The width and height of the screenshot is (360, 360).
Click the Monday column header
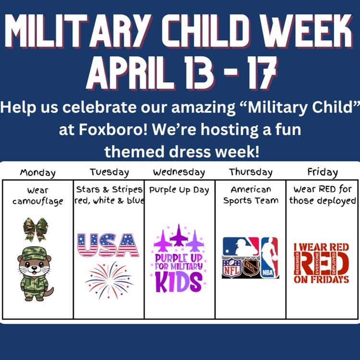(37, 173)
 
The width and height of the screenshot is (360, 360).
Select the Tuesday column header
(109, 172)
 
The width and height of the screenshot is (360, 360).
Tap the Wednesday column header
(179, 172)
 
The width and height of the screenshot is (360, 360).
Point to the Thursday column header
(251, 172)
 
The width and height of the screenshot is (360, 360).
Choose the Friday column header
(322, 172)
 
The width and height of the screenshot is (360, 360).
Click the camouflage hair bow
(36, 229)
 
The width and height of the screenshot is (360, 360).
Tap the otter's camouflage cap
(36, 253)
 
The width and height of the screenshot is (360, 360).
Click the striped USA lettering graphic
(108, 245)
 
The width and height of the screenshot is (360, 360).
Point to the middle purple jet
(179, 235)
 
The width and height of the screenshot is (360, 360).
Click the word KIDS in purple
(179, 281)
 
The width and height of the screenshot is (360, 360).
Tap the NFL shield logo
(231, 268)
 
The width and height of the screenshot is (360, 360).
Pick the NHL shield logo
(250, 268)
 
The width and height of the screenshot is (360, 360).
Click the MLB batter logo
(240, 246)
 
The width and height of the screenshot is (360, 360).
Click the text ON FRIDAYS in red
(322, 279)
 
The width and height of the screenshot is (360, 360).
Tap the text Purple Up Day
(179, 190)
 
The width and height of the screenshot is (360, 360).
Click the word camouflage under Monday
(38, 201)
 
